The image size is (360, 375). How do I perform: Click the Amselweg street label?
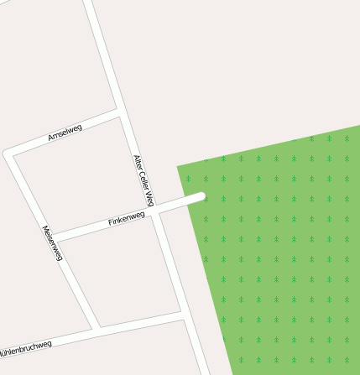point(65,132)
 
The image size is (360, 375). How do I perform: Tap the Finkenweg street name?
point(127,220)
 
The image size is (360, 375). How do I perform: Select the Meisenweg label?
point(52,243)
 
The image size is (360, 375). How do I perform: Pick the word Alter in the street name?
point(138,161)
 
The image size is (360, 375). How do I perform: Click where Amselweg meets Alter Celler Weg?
point(121,112)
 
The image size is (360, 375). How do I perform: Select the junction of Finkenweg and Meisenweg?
point(55,238)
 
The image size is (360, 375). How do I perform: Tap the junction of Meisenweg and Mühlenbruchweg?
point(96,329)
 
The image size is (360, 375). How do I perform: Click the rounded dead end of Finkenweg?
point(201,197)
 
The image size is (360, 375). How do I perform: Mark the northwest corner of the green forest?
point(178,167)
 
